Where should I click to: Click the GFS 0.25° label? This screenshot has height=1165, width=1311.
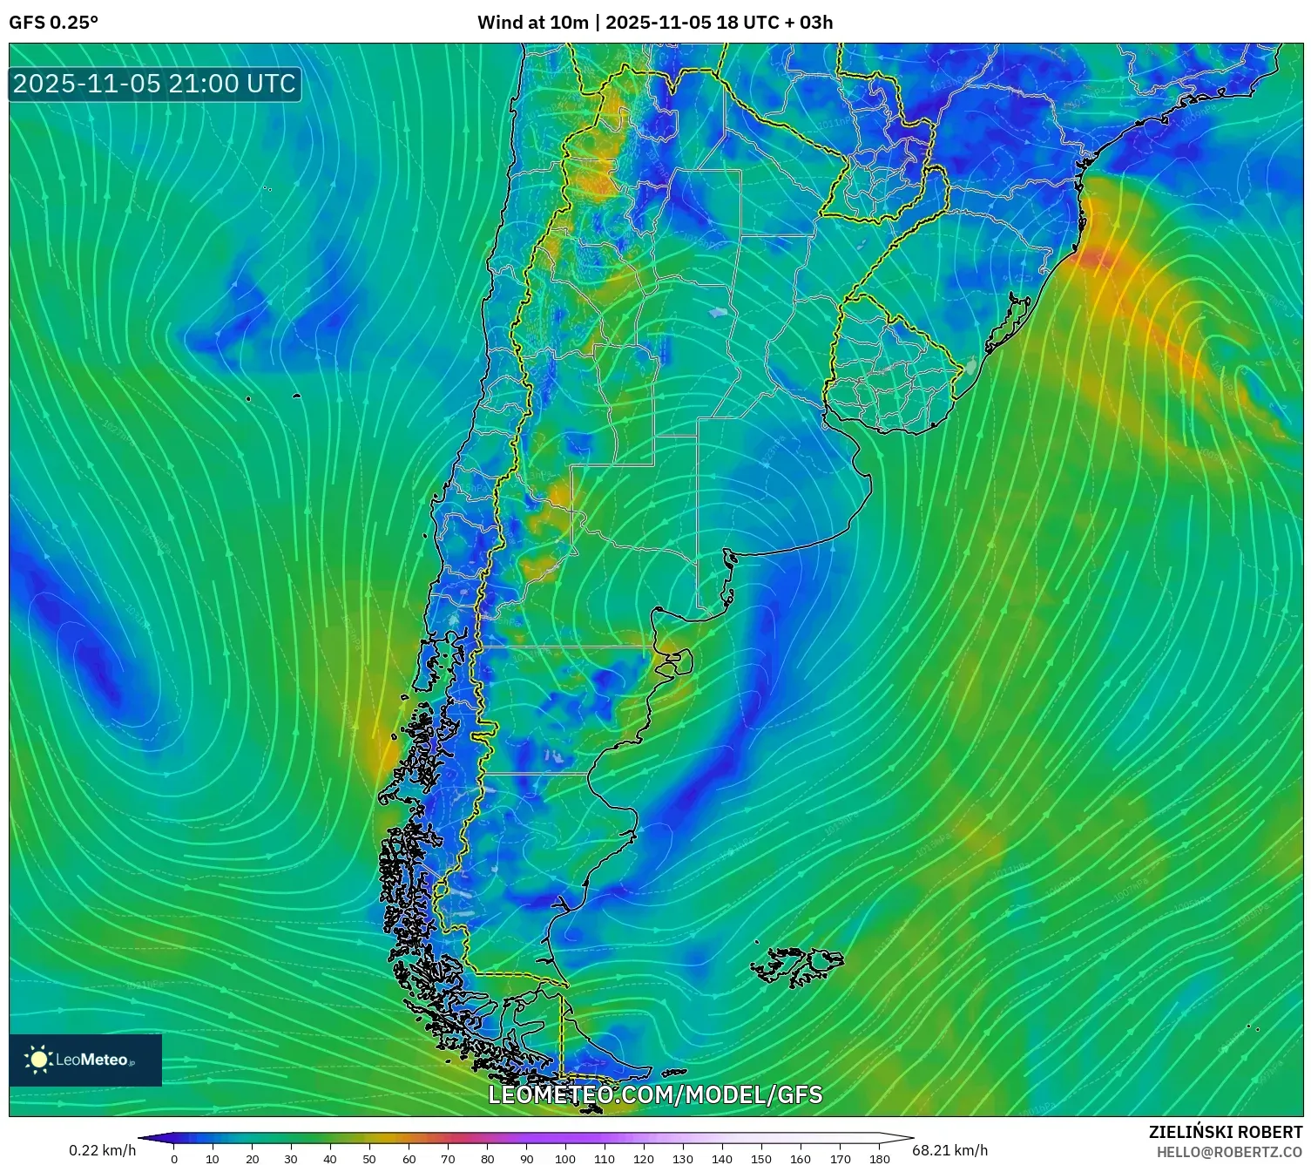(53, 23)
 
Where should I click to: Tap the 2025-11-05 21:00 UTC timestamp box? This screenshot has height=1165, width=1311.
(154, 84)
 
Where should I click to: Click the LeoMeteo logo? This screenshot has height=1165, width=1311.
(85, 1060)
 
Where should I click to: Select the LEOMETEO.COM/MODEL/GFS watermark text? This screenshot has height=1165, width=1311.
(655, 1094)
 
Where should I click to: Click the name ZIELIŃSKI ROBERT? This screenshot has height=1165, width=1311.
(1225, 1132)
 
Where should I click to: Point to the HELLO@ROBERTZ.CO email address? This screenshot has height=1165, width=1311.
(1229, 1152)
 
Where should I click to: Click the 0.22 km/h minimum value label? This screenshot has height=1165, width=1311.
(103, 1150)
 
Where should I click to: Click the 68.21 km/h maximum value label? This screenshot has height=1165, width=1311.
(949, 1150)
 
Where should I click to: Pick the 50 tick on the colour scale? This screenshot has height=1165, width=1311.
(369, 1159)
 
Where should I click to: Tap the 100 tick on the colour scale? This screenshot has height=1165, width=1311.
(565, 1159)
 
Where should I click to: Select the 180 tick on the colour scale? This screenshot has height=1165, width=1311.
(879, 1159)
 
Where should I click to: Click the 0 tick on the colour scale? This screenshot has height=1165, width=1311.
(174, 1159)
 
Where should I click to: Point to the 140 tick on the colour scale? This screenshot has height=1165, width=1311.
(722, 1159)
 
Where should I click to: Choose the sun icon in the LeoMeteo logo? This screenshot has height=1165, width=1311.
(39, 1060)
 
